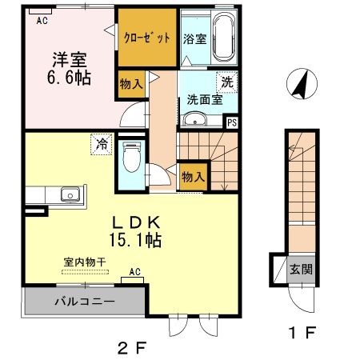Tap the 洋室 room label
click(x=70, y=59)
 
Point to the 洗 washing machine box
click(x=226, y=81)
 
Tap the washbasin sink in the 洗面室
click(x=194, y=120)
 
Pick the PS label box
click(x=232, y=122)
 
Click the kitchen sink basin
click(x=69, y=194)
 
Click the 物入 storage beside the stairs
click(x=194, y=174)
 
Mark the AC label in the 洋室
click(x=42, y=21)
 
